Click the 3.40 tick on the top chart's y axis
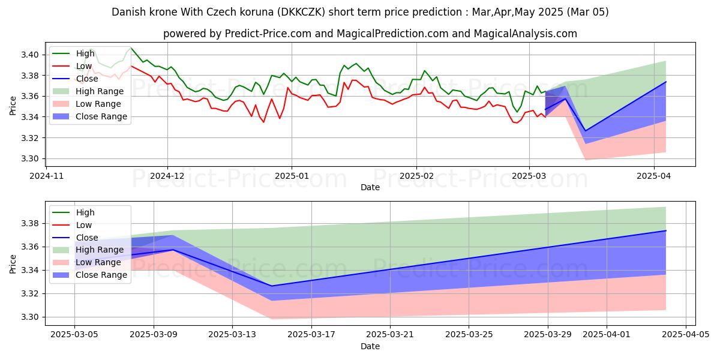(x=32, y=55)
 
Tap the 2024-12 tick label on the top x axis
(x=167, y=176)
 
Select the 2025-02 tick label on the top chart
(x=416, y=176)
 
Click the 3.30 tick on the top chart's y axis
(x=32, y=159)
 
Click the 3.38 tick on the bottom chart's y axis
(x=32, y=224)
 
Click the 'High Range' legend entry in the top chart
(x=100, y=91)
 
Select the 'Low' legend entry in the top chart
(x=84, y=66)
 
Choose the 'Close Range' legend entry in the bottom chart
(x=101, y=275)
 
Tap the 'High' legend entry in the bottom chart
(x=85, y=212)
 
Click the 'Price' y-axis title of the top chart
(x=13, y=106)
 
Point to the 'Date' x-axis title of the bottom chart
(x=370, y=346)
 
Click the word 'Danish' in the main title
(x=129, y=12)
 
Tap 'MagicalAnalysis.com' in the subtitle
(x=526, y=34)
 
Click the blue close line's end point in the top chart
(x=665, y=82)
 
